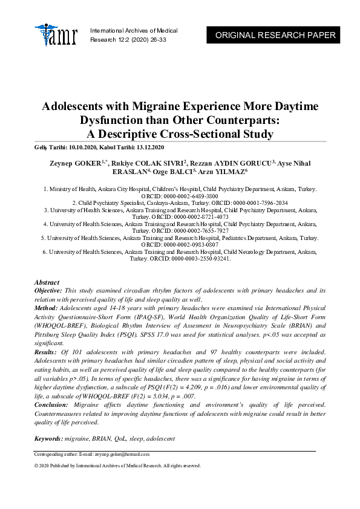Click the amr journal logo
(x=56, y=35)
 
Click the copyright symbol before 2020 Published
(x=36, y=466)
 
